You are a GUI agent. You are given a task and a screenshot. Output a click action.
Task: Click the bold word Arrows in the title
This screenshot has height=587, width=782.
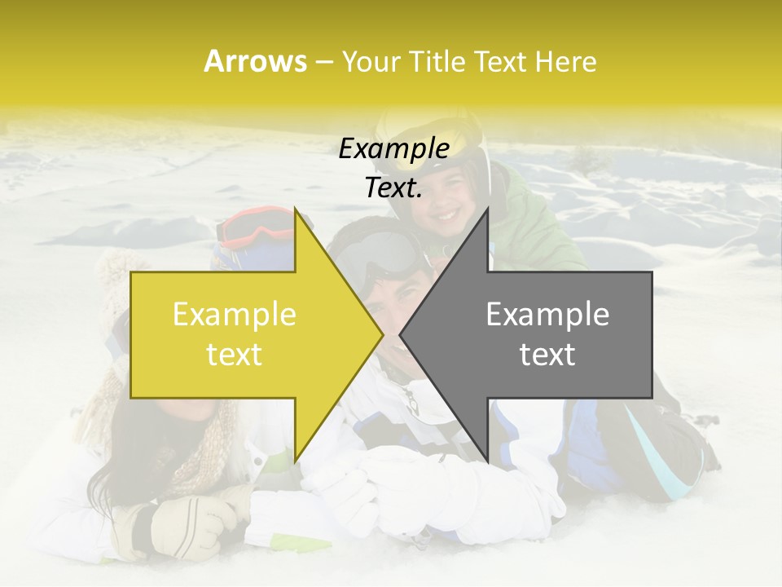(x=256, y=61)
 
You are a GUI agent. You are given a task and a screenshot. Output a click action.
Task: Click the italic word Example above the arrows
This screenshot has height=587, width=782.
(x=393, y=149)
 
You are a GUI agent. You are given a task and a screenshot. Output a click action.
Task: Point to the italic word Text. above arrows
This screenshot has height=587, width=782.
(x=393, y=188)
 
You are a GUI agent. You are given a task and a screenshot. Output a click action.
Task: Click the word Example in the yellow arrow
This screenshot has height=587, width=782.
(x=234, y=315)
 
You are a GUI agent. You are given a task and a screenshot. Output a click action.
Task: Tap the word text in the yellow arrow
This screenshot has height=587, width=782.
(x=234, y=355)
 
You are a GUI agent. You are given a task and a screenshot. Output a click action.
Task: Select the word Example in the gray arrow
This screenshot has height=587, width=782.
(x=547, y=315)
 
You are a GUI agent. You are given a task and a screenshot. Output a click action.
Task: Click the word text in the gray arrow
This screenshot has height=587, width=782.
(x=547, y=355)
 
